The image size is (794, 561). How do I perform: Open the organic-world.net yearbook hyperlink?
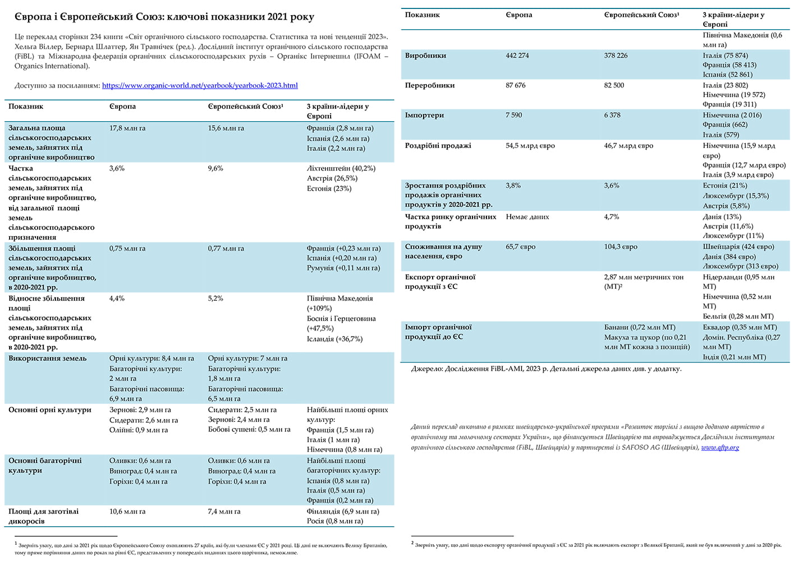(200, 86)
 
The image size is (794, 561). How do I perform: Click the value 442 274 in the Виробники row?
(517, 56)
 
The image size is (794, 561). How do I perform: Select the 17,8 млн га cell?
(127, 128)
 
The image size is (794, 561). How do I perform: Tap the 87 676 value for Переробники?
(516, 85)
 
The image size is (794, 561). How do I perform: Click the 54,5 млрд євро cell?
(530, 146)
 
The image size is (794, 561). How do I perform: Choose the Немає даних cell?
(527, 217)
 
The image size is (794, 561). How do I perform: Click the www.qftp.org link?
(720, 448)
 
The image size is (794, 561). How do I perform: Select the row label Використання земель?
(48, 358)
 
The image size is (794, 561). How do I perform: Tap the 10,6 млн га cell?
(127, 512)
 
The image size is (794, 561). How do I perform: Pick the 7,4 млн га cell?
(224, 512)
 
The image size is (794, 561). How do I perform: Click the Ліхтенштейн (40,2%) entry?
(341, 168)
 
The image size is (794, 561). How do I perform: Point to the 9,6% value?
(215, 168)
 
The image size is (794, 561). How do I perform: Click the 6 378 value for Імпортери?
(612, 115)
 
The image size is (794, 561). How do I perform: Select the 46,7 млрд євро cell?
(628, 146)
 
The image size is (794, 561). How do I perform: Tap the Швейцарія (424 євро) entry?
(738, 247)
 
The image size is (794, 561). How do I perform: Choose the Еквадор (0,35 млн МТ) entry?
(740, 327)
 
